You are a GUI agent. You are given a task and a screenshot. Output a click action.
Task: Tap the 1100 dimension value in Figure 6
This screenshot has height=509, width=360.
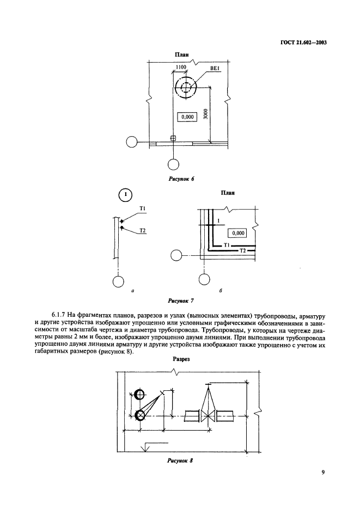[x=181, y=67]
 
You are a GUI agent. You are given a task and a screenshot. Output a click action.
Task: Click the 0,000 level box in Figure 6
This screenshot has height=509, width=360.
[x=186, y=116]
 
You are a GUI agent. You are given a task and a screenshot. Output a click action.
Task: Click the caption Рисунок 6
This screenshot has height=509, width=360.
[x=183, y=179]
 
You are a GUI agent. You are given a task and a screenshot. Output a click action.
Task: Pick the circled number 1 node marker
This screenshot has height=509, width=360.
[x=126, y=194]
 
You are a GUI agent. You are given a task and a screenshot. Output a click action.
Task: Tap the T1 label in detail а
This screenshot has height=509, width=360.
[x=141, y=208]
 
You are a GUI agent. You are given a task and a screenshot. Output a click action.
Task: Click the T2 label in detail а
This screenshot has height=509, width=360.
[x=143, y=230]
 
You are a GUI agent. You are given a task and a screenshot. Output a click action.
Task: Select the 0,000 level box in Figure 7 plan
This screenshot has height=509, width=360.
[x=238, y=232]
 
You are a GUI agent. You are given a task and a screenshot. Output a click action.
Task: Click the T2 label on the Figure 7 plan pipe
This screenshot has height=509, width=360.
[x=243, y=250]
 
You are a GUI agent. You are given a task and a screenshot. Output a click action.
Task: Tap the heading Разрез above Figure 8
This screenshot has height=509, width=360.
[x=181, y=360]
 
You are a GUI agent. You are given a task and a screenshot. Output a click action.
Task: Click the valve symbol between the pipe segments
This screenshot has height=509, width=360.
[x=208, y=416]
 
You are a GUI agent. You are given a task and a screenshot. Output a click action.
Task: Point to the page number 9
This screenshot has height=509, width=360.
[x=323, y=473]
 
